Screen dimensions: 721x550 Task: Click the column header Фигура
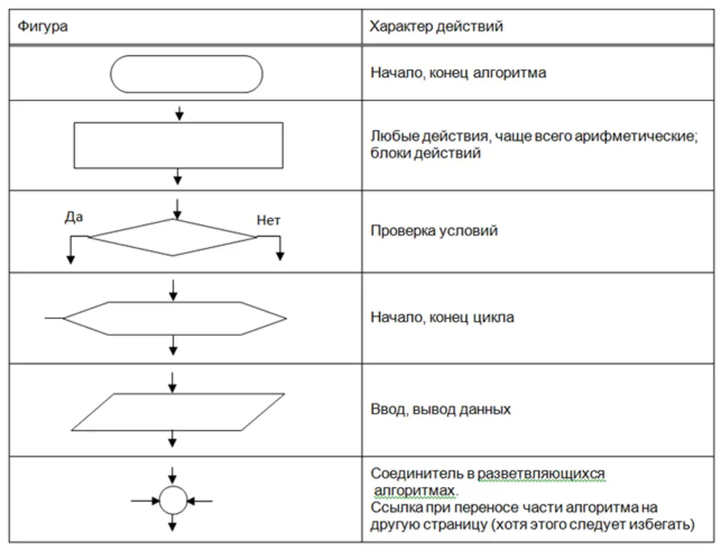[43, 26]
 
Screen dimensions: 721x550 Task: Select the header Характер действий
[436, 26]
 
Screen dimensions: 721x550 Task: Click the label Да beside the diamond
[74, 216]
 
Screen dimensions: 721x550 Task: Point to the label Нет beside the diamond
[268, 220]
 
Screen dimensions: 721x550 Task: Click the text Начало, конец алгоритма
[458, 73]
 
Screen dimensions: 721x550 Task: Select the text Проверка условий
[434, 231]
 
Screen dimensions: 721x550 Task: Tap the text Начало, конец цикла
[442, 317]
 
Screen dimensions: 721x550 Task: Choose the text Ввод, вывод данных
[441, 409]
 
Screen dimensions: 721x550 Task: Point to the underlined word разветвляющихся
[542, 473]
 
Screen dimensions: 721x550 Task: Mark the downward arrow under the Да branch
[71, 251]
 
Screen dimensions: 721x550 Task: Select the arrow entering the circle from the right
[200, 501]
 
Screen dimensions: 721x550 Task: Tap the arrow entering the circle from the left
[145, 501]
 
